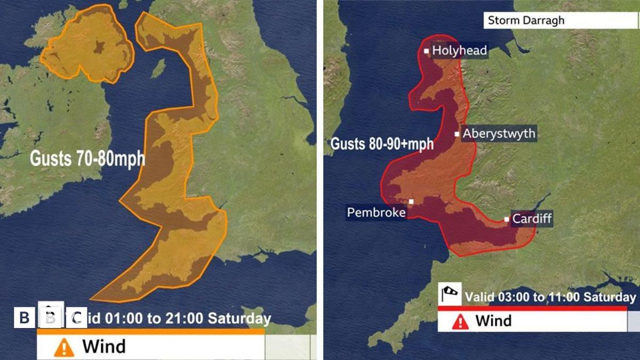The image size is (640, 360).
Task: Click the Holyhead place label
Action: coord(459,51)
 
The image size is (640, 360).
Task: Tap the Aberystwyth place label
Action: coord(498,133)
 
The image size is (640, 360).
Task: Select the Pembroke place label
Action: coord(376,213)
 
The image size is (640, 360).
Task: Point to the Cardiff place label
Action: coord(532,219)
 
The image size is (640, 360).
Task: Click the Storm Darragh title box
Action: coord(561,21)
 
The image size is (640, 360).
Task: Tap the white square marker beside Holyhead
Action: coord(427,51)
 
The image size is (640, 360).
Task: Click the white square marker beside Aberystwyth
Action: coord(457,134)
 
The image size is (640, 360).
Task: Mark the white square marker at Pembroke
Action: coord(411,202)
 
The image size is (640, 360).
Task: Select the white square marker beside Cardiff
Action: coord(507,219)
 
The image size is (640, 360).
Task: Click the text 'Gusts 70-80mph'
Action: coord(87,159)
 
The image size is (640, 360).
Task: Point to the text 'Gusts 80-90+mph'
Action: coord(382,144)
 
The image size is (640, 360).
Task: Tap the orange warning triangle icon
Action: coord(64,347)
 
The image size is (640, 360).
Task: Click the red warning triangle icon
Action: coord(460,321)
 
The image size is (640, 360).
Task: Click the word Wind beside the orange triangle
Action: coord(104,347)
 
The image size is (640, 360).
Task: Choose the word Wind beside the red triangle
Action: coord(493,321)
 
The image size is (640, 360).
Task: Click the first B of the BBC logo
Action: coord(24,318)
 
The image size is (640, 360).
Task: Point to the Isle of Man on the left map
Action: coord(158,68)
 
